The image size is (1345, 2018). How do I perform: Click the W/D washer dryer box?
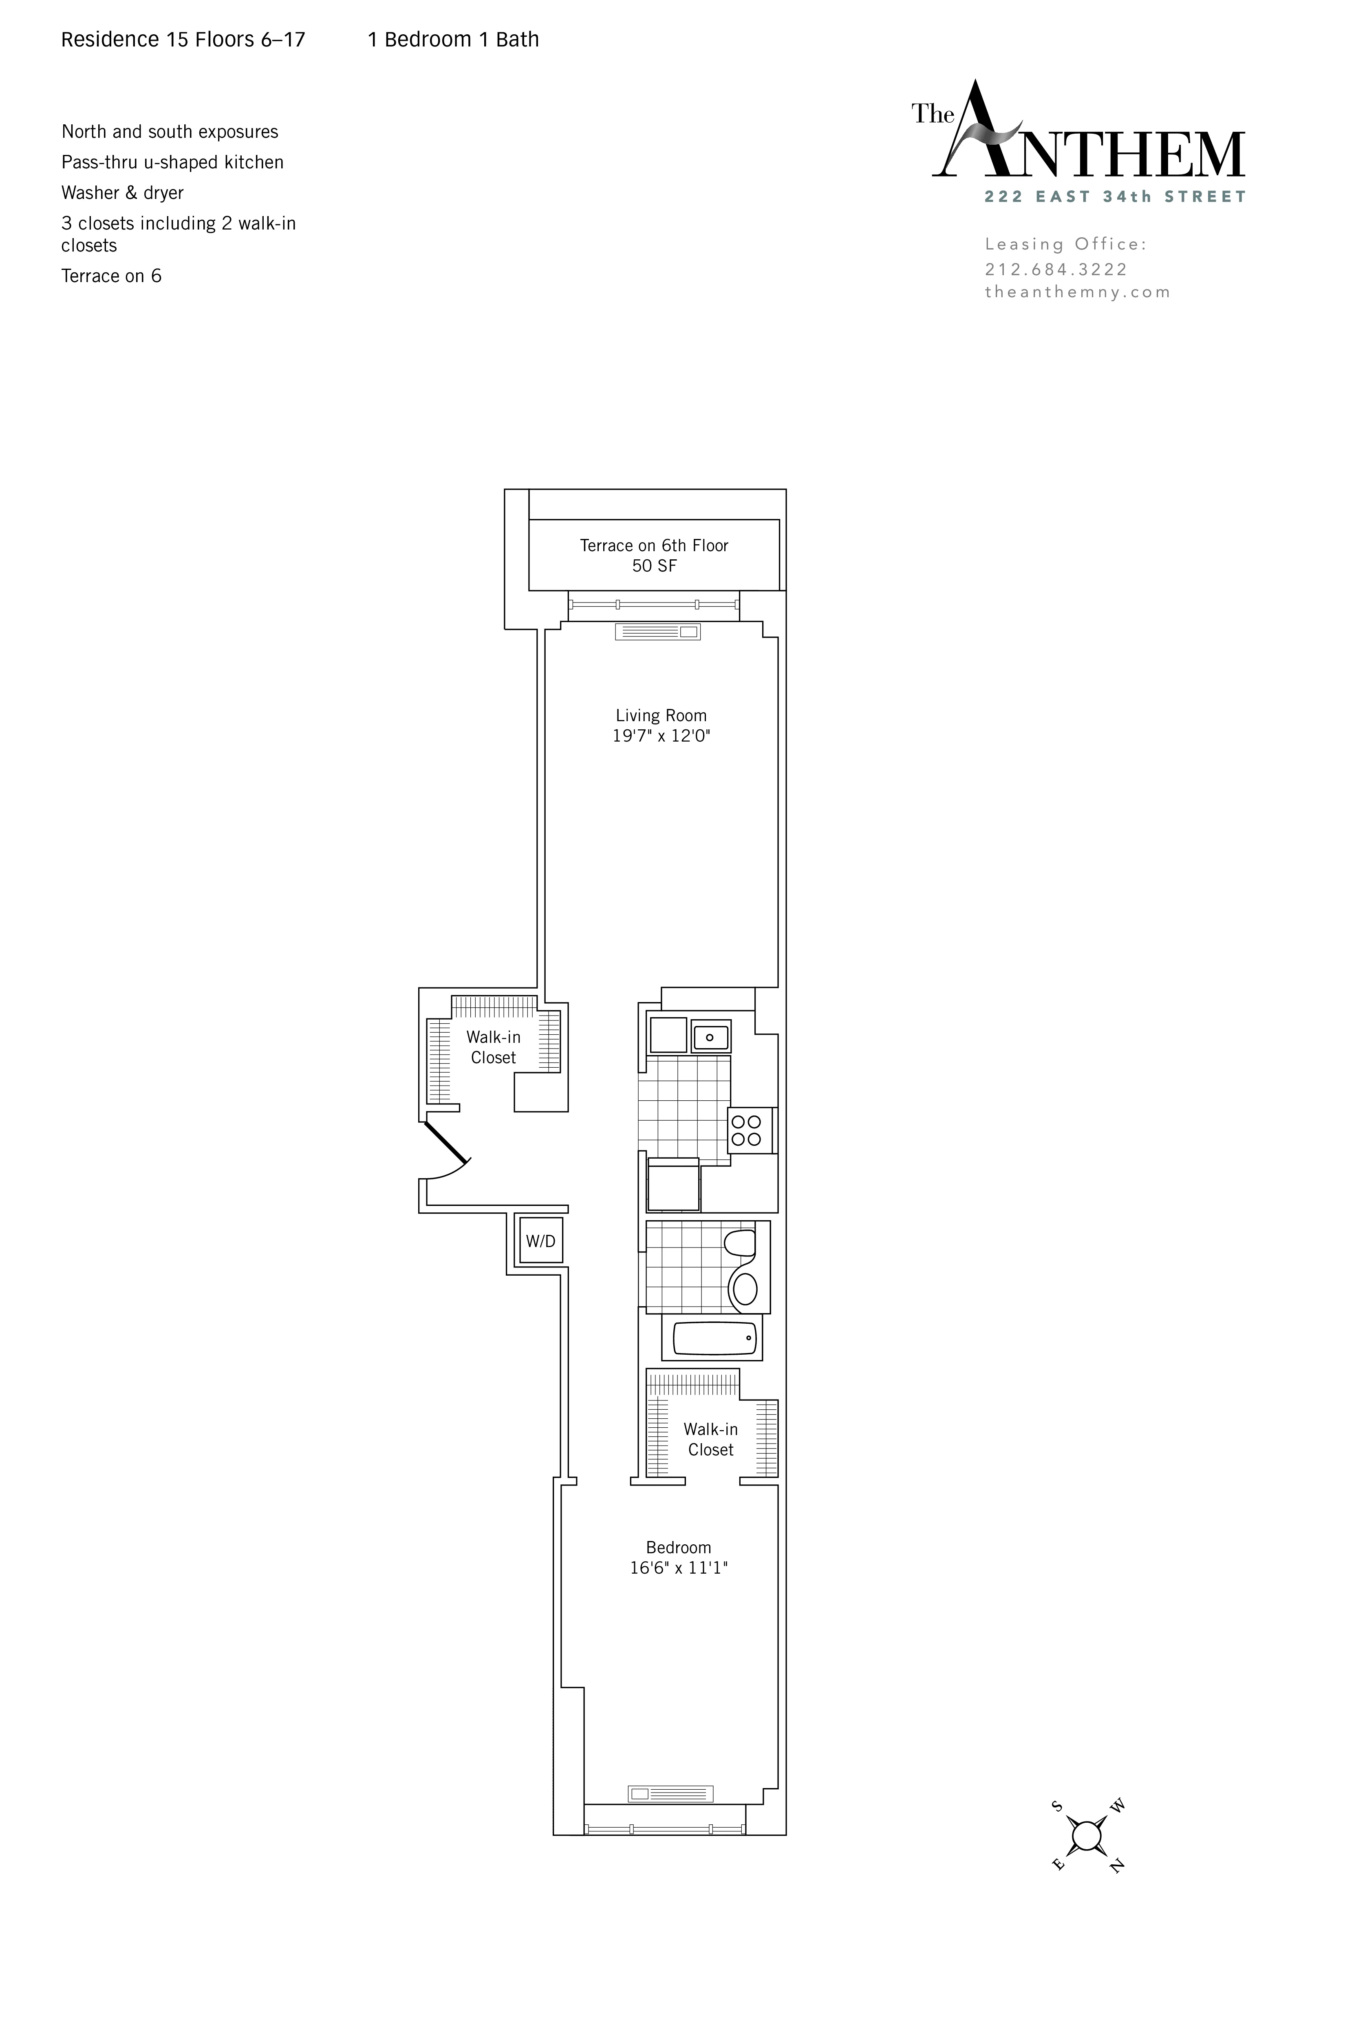[x=540, y=1241]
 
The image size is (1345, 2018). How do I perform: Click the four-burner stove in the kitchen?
[x=746, y=1130]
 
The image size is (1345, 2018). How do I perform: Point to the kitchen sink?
[x=710, y=1036]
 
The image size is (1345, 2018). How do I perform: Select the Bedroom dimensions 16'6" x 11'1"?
[x=679, y=1568]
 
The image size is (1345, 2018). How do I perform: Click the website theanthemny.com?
[x=1077, y=292]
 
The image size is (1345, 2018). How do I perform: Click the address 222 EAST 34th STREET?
[x=1114, y=197]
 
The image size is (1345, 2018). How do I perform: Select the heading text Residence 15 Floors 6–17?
[x=183, y=40]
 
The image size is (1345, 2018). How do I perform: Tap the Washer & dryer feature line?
[x=123, y=192]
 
